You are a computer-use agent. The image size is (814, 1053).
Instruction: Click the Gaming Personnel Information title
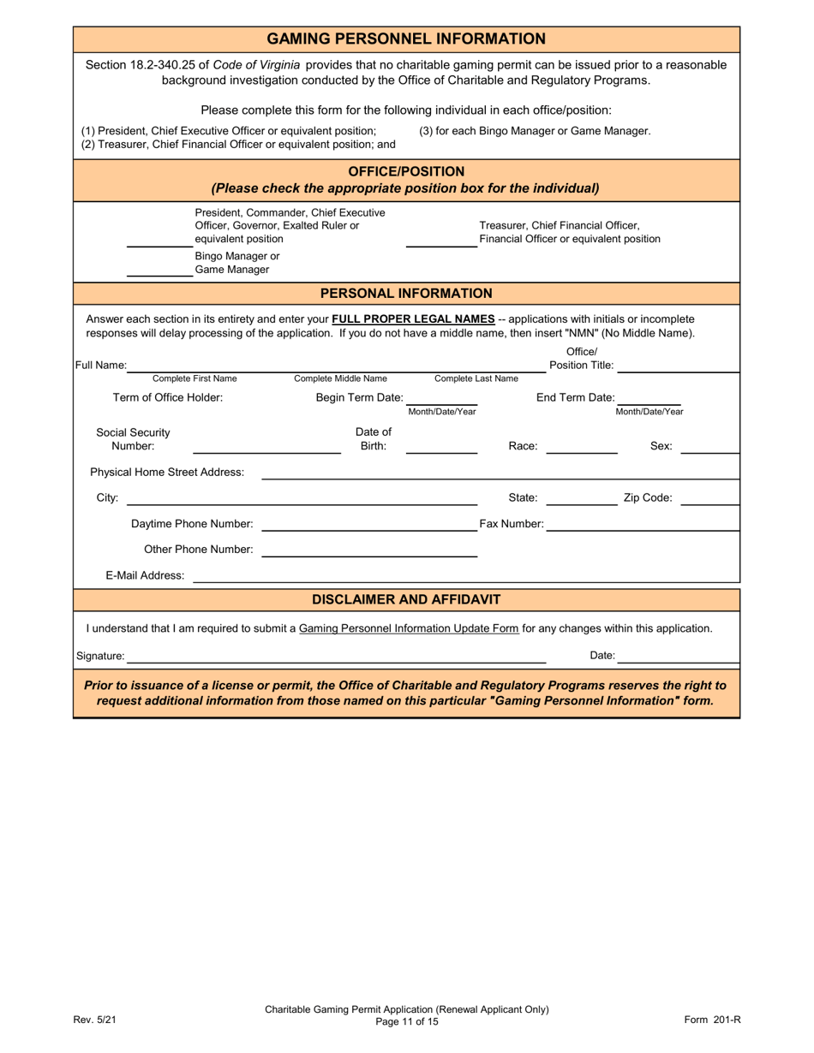point(406,39)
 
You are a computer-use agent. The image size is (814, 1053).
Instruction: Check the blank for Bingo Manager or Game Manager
point(159,270)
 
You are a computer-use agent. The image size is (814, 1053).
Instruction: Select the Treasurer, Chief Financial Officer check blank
point(440,240)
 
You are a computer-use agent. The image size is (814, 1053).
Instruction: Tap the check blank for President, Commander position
point(159,240)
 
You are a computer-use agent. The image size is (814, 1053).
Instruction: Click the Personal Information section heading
point(406,294)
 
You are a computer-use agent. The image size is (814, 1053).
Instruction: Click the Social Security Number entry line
point(266,446)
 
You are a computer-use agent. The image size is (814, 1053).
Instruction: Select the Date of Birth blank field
point(441,446)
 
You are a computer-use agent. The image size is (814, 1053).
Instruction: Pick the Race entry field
point(581,446)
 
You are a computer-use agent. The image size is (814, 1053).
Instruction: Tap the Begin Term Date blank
point(441,398)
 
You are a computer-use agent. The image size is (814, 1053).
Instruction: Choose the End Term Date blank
point(649,398)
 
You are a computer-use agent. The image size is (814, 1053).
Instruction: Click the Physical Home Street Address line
point(500,473)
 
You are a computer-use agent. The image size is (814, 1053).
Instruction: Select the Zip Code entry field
point(709,498)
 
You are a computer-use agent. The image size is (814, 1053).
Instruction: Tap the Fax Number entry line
point(642,524)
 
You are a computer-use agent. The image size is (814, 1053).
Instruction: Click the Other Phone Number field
point(368,550)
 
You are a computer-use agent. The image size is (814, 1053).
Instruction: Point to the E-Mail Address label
point(145,575)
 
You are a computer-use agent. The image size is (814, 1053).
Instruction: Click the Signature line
point(336,657)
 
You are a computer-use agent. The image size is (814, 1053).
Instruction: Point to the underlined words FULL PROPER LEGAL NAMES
point(413,318)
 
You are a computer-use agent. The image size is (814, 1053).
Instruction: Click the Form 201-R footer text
point(711,1019)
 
